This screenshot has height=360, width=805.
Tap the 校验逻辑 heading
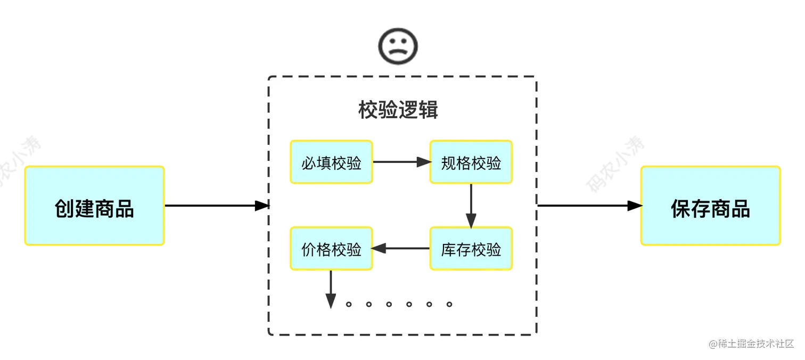(x=398, y=110)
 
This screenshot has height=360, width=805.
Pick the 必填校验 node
(x=331, y=162)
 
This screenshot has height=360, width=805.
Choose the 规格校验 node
(x=471, y=162)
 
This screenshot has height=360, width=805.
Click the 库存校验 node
(x=471, y=249)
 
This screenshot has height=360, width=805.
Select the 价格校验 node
(x=331, y=249)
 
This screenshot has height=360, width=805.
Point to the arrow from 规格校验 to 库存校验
(x=471, y=206)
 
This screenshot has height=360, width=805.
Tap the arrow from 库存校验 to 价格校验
(x=401, y=248)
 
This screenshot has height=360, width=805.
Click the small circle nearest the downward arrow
(x=349, y=305)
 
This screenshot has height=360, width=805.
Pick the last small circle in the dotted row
(x=449, y=305)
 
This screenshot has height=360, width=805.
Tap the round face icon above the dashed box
(x=398, y=46)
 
